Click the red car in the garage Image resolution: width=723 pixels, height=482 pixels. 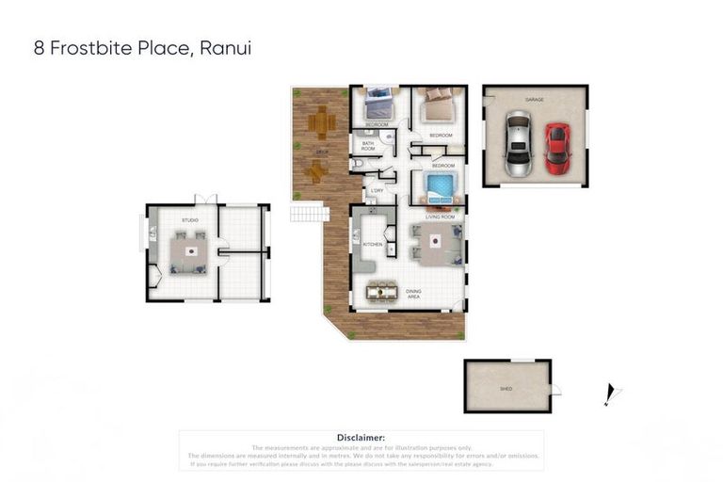[x=557, y=150]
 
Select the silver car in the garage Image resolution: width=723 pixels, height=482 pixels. [x=518, y=144]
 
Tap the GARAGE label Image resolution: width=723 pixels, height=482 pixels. [x=534, y=99]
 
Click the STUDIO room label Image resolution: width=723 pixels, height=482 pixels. [x=190, y=220]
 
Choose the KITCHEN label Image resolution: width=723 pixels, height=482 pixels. [x=373, y=245]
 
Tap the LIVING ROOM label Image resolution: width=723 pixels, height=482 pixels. [x=440, y=217]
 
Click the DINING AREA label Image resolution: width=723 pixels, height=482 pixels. [x=414, y=294]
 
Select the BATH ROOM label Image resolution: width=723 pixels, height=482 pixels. [x=368, y=146]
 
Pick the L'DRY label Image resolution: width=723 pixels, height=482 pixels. [x=377, y=191]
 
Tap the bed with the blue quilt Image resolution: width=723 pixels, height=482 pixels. [x=440, y=186]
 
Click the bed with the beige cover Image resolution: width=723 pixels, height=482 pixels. [x=438, y=106]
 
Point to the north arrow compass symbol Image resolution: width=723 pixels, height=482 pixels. [x=610, y=394]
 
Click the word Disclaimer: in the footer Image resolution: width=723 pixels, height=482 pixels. [x=361, y=438]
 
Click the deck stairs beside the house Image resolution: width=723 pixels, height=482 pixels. [x=308, y=214]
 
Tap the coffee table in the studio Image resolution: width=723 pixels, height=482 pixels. [x=192, y=251]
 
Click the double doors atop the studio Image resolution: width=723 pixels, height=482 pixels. [x=206, y=200]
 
